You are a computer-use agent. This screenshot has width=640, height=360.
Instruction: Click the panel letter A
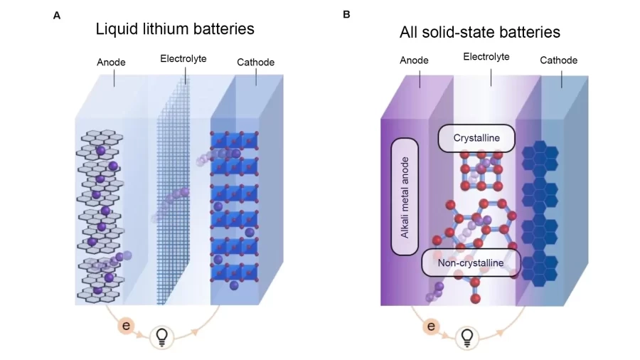[x=57, y=15]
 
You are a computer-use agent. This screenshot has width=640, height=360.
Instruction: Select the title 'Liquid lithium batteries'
[x=175, y=29]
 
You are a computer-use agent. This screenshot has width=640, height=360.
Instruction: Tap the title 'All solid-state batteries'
[x=479, y=32]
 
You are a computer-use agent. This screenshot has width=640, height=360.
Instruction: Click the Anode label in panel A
[x=111, y=63]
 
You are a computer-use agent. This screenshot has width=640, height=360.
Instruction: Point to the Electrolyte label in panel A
[x=183, y=58]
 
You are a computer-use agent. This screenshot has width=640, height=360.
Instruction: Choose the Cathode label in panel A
[x=255, y=63]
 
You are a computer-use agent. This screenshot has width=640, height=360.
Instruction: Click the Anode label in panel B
[x=414, y=60]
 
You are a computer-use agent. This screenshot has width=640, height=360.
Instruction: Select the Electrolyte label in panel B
[x=486, y=56]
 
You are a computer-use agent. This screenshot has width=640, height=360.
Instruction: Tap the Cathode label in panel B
[x=558, y=60]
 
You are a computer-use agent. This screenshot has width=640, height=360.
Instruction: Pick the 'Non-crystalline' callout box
[x=471, y=263]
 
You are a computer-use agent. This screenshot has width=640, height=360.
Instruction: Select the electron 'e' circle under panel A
[x=126, y=326]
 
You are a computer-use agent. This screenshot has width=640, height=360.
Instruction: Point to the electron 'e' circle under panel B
[x=431, y=326]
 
